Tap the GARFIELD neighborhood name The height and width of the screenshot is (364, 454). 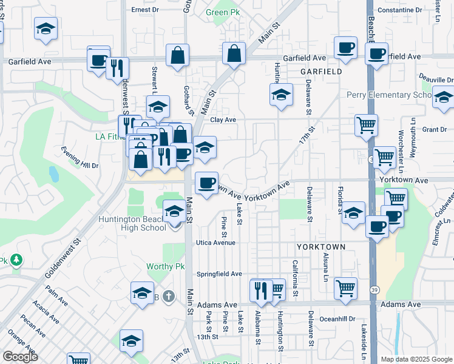coord(321,72)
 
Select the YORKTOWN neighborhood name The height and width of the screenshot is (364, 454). coord(321,247)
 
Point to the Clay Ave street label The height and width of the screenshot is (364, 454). coord(223,120)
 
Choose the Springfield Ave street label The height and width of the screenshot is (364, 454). coord(219,274)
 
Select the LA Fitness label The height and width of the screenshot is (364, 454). coord(109,136)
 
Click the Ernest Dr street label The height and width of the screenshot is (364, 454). coord(145,10)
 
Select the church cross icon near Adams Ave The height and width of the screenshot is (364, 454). coord(169,297)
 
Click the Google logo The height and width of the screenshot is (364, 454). coord(19,356)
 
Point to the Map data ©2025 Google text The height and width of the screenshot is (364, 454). coord(416,359)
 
